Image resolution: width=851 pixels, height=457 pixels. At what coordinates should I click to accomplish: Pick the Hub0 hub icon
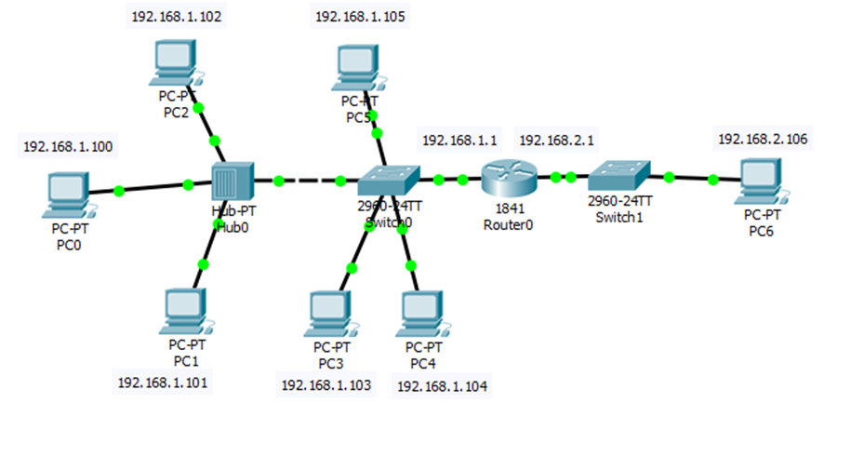[232, 181]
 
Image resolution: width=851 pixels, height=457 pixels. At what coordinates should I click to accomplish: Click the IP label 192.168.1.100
[67, 147]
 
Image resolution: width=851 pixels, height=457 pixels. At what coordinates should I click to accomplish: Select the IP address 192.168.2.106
[763, 139]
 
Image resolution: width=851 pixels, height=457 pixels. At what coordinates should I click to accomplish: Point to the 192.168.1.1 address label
[460, 140]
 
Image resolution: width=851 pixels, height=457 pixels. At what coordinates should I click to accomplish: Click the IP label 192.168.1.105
[360, 16]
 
